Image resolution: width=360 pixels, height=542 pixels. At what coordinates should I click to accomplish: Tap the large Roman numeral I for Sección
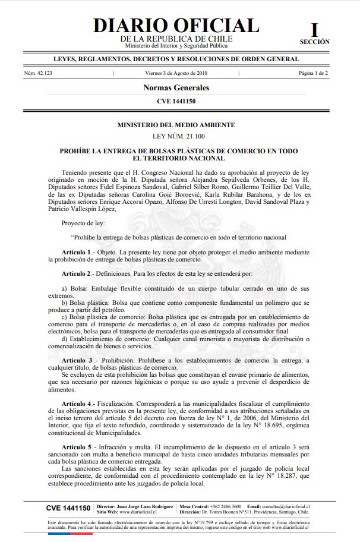[x=314, y=29]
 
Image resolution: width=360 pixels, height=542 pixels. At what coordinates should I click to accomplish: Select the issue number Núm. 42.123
[x=38, y=73]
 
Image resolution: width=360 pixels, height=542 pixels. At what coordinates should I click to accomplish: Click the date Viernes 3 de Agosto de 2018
[x=176, y=73]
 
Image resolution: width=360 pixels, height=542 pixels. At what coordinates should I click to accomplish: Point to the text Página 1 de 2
[x=313, y=73]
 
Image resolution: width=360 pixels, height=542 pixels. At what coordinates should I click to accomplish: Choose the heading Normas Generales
[x=176, y=88]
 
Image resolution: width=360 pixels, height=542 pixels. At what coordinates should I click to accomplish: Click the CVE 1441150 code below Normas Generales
[x=176, y=102]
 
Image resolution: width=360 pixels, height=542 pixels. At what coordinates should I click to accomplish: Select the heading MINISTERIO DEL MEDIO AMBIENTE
[x=176, y=125]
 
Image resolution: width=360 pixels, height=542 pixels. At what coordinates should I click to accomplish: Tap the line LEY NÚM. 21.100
[x=176, y=137]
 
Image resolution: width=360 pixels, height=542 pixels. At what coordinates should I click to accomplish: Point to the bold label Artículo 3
[x=77, y=361]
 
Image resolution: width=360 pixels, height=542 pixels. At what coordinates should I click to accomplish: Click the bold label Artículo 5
[x=75, y=446]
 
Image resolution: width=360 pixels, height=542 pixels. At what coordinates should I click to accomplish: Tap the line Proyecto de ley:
[x=83, y=223]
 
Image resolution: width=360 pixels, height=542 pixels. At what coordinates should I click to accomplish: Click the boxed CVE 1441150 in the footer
[x=68, y=508]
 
